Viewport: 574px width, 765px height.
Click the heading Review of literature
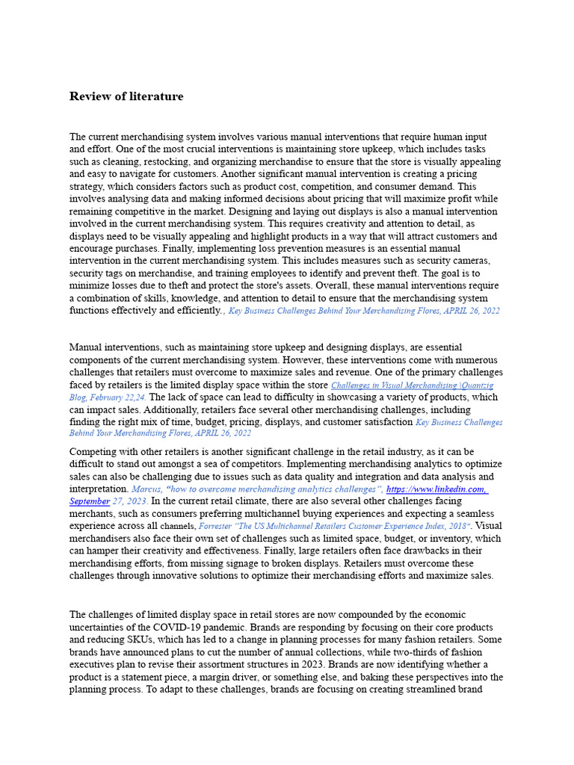126,96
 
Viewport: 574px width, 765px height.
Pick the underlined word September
90,501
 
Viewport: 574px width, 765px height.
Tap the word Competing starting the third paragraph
93,452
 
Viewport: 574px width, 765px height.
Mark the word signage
286,563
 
